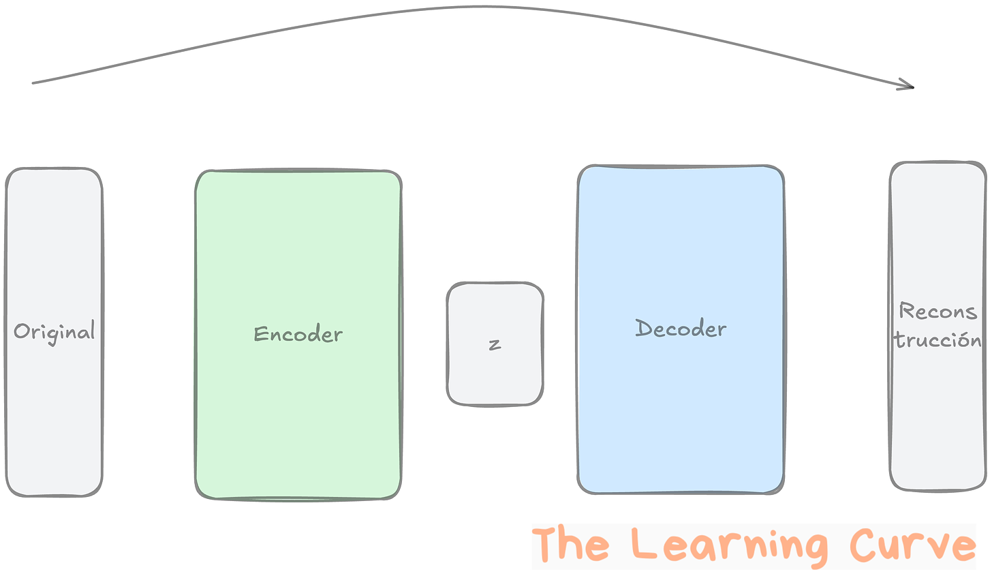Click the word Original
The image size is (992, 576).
[54, 332]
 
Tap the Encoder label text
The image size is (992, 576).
[298, 334]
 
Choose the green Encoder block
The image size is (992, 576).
[298, 423]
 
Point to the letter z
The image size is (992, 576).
[495, 344]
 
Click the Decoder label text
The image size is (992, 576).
[681, 329]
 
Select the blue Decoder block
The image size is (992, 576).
[681, 423]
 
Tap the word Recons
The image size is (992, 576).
[937, 312]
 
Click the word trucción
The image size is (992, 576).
[937, 339]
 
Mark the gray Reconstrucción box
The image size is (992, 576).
[937, 423]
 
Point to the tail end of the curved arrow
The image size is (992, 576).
[34, 83]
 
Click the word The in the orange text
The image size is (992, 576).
[570, 545]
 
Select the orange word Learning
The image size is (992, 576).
[729, 546]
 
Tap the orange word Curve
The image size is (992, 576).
[913, 545]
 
